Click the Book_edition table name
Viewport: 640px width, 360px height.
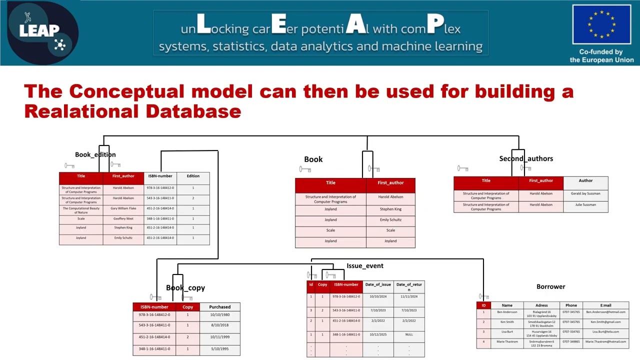coord(95,154)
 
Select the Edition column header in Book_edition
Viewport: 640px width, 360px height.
coord(193,176)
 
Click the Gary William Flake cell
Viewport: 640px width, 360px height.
coord(123,208)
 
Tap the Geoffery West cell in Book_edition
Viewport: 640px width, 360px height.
coord(123,218)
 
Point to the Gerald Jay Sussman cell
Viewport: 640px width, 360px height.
coord(585,193)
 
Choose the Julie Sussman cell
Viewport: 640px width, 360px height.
coord(585,204)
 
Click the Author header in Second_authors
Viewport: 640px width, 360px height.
coord(585,181)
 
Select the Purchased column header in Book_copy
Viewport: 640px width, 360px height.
coord(220,307)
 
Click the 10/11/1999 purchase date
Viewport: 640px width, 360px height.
coord(220,337)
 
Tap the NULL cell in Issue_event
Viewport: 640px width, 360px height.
coord(409,334)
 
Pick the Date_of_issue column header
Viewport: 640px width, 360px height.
coord(378,284)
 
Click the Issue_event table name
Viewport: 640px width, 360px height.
coord(365,266)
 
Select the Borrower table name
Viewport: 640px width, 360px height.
coord(550,286)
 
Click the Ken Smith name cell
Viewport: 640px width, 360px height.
coord(506,322)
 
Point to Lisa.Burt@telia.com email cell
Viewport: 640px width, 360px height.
coord(606,331)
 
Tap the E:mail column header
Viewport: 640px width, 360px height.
coord(606,305)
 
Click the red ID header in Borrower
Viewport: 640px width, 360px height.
coord(483,305)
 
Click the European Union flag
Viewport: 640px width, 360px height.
coord(601,25)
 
